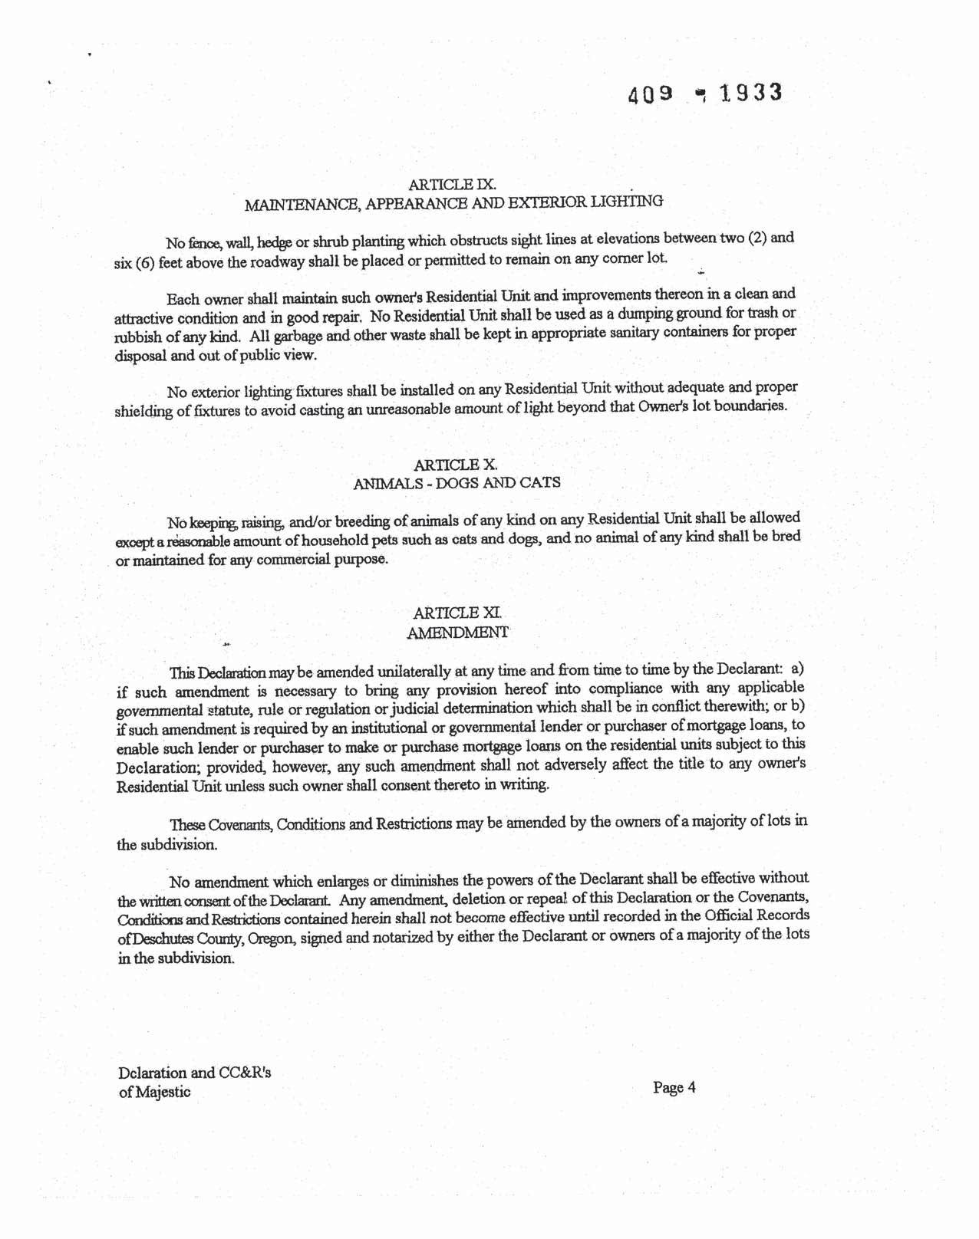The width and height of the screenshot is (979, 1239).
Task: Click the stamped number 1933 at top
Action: tap(751, 93)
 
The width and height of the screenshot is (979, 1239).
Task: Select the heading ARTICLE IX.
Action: tap(453, 184)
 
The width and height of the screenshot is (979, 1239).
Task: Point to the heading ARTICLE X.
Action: tap(456, 465)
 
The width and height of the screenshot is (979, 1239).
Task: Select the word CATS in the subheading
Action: tap(540, 482)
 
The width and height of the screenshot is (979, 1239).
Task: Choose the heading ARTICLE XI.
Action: tap(457, 613)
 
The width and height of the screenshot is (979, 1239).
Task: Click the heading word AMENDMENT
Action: tap(457, 633)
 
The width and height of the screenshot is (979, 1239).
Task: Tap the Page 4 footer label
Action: tap(674, 1087)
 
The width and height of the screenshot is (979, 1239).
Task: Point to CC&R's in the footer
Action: tap(245, 1073)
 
